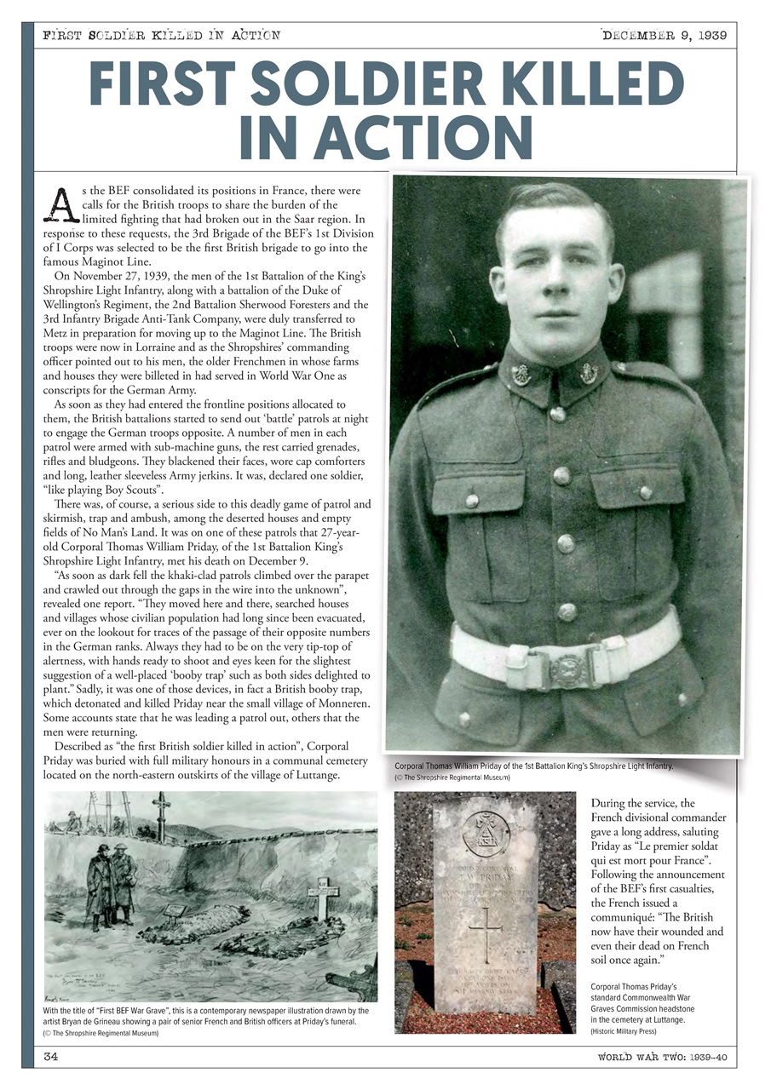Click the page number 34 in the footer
click(51, 1057)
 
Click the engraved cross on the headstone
click(485, 935)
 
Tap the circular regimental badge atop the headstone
click(486, 833)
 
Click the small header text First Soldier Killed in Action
click(161, 35)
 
